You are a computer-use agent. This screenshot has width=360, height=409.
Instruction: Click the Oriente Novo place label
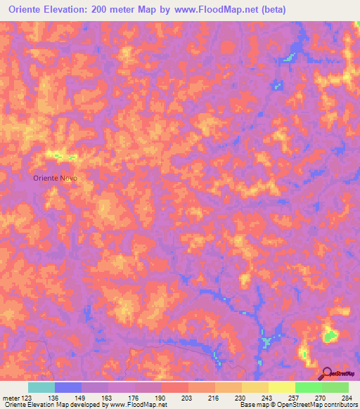pyautogui.click(x=55, y=178)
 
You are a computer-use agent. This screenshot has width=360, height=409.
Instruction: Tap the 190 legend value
pyautogui.click(x=157, y=397)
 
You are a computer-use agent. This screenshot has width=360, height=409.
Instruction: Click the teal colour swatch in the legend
pyautogui.click(x=41, y=387)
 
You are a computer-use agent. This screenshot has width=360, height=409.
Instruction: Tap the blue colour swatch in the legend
pyautogui.click(x=67, y=387)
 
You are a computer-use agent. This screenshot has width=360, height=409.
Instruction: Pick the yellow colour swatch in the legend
pyautogui.click(x=281, y=387)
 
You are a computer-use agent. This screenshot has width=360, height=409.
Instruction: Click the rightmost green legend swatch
pyautogui.click(x=335, y=387)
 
